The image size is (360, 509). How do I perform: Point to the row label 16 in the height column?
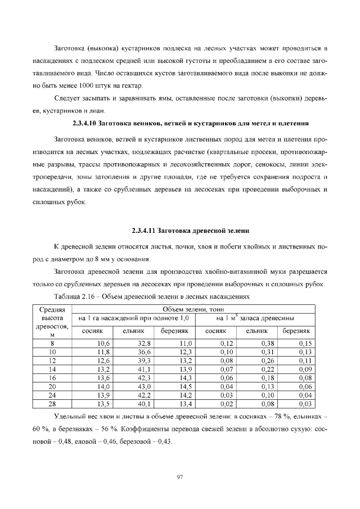click(x=52, y=378)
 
